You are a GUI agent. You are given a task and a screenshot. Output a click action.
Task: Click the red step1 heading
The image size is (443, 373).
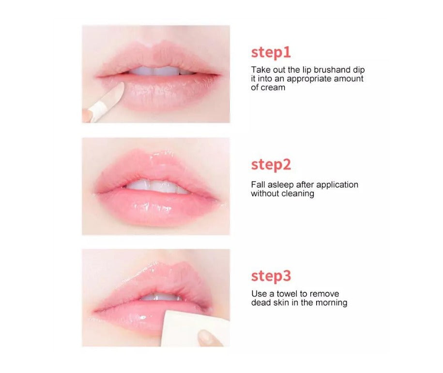tap(271, 53)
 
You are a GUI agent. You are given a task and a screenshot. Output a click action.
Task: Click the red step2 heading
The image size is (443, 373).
tap(271, 165)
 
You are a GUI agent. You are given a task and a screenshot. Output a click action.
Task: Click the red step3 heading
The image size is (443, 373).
tap(271, 276)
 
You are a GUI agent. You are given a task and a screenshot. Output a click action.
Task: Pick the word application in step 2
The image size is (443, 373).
tap(337, 185)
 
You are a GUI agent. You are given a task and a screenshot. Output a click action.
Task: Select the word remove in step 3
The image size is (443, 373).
tap(324, 294)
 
